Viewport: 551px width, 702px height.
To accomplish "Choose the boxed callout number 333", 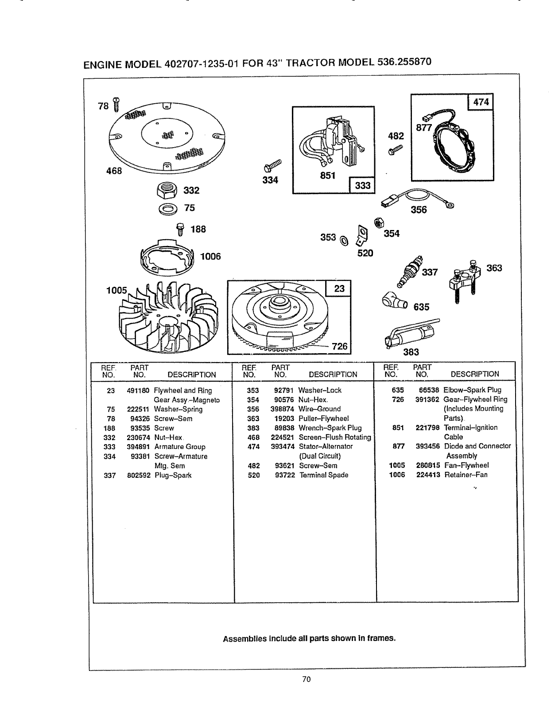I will pos(362,185).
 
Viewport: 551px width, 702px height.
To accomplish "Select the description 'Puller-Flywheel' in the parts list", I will pos(324,418).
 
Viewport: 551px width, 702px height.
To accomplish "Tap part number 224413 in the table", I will pos(427,475).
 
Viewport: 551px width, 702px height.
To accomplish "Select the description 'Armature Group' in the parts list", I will pos(179,447).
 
